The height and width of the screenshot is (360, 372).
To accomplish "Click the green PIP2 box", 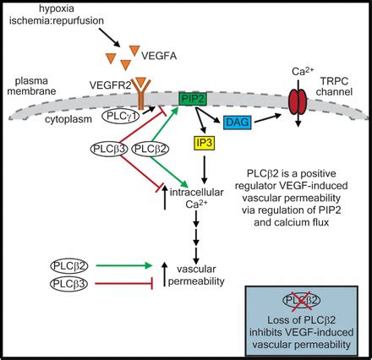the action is (193, 99).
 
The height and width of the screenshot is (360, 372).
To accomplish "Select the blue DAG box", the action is (238, 123).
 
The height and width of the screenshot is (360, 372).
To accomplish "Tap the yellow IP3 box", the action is (205, 143).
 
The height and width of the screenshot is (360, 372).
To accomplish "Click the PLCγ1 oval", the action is (121, 116).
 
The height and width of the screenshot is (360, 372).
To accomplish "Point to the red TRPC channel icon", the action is (298, 102).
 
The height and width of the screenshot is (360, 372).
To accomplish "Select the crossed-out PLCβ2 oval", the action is (302, 301).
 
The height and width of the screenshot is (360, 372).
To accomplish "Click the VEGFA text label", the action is (159, 56).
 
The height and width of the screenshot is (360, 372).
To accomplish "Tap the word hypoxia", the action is (57, 8).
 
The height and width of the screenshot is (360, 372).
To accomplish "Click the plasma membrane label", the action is (31, 86).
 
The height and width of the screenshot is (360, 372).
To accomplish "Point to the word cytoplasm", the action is (68, 119).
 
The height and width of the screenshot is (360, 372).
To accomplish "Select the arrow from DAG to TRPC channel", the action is (268, 118).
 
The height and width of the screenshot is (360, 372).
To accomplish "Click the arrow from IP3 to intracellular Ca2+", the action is (205, 169).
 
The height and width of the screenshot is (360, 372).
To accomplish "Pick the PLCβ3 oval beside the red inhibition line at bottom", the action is (69, 284).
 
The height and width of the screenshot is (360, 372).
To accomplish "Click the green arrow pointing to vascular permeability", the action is (124, 265).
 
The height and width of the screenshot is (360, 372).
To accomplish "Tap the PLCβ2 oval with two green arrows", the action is (150, 149).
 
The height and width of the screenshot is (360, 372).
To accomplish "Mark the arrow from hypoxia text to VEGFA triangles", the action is (110, 37).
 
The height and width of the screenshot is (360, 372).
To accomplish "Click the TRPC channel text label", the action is (334, 86).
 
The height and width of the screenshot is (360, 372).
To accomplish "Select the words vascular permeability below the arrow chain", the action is (196, 275).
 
